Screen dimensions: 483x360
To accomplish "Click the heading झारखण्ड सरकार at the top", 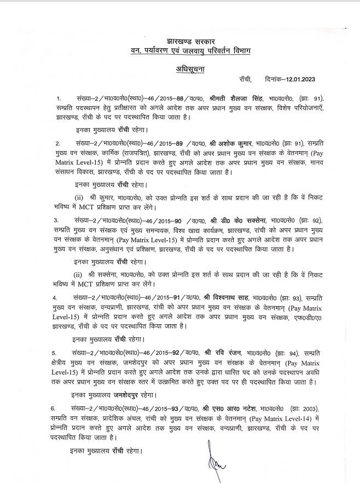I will point(179,41).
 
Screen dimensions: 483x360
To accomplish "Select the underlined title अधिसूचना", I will point(180,70).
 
